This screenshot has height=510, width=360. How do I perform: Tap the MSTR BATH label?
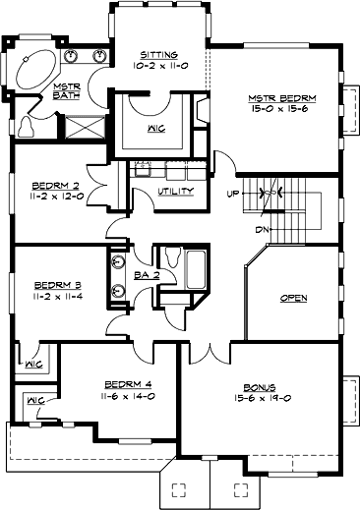pos(66,92)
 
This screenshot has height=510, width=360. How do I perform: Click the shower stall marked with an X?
pos(85,127)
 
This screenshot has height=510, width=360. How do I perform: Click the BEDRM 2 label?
pos(50,184)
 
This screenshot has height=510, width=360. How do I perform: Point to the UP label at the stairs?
pos(233,192)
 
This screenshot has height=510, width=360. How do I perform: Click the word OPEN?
pos(293,297)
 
